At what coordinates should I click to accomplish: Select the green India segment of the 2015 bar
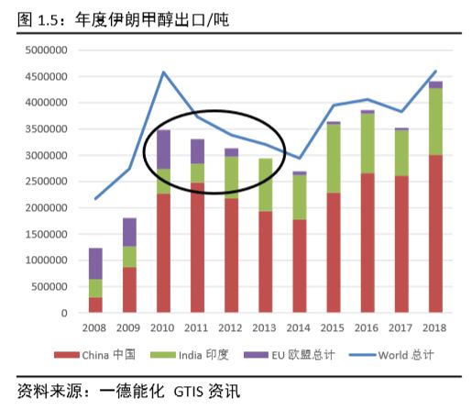pyautogui.click(x=334, y=158)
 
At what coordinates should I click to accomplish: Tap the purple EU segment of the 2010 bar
pyautogui.click(x=163, y=149)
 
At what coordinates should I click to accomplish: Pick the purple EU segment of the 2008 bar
pyautogui.click(x=95, y=263)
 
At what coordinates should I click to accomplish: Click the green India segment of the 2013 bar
pyautogui.click(x=265, y=184)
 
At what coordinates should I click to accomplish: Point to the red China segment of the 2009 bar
pyautogui.click(x=129, y=290)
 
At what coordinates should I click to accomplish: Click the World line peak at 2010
pyautogui.click(x=163, y=72)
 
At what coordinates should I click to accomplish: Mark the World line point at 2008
pyautogui.click(x=95, y=198)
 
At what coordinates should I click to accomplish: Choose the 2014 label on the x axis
pyautogui.click(x=299, y=328)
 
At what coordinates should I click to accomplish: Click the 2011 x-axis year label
pyautogui.click(x=197, y=328)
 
